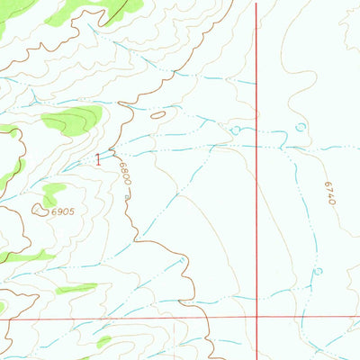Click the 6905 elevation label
59,211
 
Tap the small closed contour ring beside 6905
39,210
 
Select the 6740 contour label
329,193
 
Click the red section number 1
98,159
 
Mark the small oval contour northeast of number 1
158,115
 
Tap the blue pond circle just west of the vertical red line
236,130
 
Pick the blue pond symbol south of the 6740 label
318,270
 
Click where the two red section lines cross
257,318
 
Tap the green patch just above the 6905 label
53,191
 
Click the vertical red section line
256,180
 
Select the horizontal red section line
135,319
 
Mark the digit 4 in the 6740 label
329,196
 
